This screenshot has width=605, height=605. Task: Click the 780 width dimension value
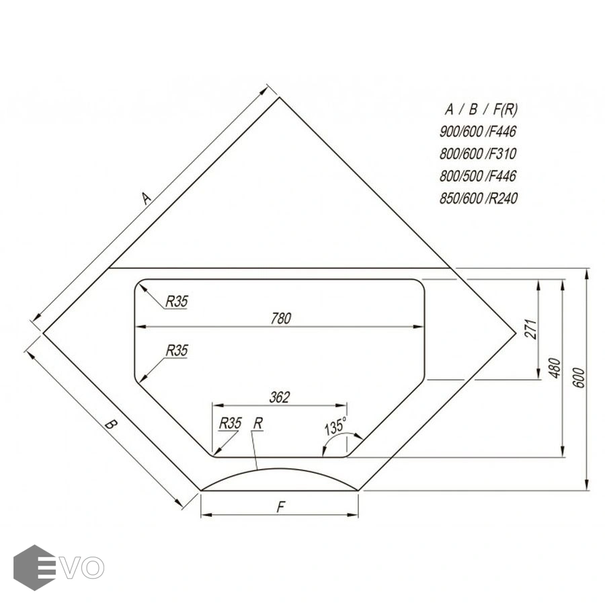(x=281, y=319)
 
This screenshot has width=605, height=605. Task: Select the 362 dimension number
(x=280, y=397)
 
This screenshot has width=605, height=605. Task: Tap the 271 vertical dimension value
(x=531, y=329)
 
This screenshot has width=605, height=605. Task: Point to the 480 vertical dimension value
(x=555, y=368)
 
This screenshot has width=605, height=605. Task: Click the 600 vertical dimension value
(x=579, y=378)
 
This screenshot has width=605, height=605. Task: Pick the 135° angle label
(x=335, y=426)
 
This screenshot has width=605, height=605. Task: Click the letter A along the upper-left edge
(x=145, y=198)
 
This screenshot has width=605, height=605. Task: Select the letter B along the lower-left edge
(x=111, y=425)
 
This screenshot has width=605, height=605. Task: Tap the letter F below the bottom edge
(x=281, y=507)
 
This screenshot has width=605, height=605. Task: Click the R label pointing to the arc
(x=257, y=424)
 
